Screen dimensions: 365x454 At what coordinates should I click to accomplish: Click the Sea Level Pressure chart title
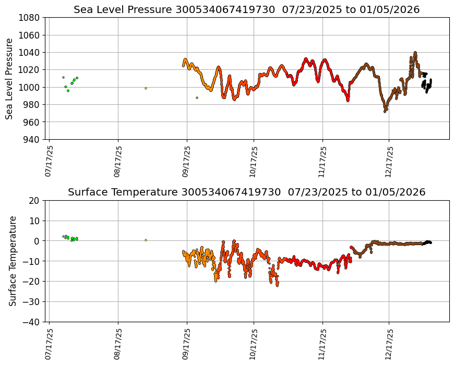pos(246,9)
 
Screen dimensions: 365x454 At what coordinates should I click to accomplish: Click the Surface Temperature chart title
pos(246,192)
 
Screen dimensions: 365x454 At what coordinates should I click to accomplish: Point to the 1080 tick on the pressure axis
pos(30,17)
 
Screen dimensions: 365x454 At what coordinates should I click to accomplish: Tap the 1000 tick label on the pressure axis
pos(30,87)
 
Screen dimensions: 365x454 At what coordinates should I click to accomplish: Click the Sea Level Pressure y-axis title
pos(9,78)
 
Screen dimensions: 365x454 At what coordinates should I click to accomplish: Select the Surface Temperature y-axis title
pos(13,261)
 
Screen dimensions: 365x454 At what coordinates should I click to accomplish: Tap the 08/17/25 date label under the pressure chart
pos(118,161)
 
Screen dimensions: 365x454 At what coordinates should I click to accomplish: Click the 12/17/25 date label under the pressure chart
pos(389,161)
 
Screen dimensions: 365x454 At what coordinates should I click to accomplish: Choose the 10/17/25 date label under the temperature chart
pos(254,344)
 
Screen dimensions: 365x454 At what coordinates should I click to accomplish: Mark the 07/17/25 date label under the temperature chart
pos(49,344)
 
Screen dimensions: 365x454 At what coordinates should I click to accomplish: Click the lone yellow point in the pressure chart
pos(146,88)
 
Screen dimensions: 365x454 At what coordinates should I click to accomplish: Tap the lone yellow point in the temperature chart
pos(146,240)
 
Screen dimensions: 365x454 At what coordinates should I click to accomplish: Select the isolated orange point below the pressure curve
pos(197,98)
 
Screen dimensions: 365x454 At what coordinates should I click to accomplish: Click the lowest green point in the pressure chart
pos(68,91)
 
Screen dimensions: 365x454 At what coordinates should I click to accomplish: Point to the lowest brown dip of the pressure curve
pos(385,111)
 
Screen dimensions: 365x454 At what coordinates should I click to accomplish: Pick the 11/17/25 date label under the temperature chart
pos(322,344)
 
